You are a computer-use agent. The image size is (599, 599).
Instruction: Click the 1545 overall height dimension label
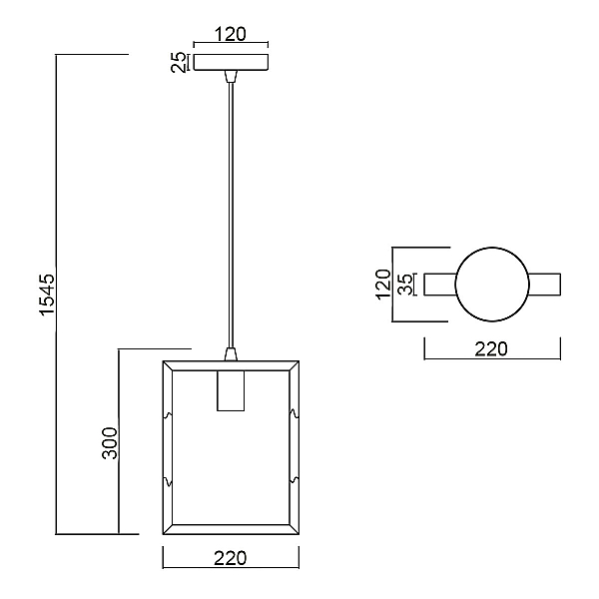point(48,295)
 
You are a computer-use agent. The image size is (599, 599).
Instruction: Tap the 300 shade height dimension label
point(110,443)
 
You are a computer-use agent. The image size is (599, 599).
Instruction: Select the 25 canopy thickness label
point(179,62)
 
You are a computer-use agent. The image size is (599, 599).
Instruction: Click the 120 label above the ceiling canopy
point(231,34)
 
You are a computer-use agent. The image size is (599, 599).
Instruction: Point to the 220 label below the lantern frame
point(231,558)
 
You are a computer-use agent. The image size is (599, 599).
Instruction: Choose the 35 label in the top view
point(405,285)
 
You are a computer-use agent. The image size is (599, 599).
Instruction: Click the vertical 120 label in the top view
point(383,285)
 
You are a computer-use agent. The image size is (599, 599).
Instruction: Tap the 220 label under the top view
point(491,349)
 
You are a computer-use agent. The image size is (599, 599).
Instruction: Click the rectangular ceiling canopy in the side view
point(231,62)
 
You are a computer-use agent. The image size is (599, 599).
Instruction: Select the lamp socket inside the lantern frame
point(231,390)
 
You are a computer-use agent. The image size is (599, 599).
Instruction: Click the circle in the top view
point(492,248)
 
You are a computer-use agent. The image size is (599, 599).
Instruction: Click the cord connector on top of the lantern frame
point(231,354)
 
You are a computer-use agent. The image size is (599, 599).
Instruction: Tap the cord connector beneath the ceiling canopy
point(231,77)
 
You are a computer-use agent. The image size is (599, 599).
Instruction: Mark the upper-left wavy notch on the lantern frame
point(168,415)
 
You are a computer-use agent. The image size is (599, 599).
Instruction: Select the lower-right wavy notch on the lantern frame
point(295,480)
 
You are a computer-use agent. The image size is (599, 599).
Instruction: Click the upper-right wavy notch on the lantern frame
point(295,413)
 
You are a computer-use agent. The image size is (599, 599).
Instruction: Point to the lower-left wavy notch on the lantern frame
point(168,481)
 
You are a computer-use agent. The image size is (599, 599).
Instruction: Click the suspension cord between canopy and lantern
point(231,215)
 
